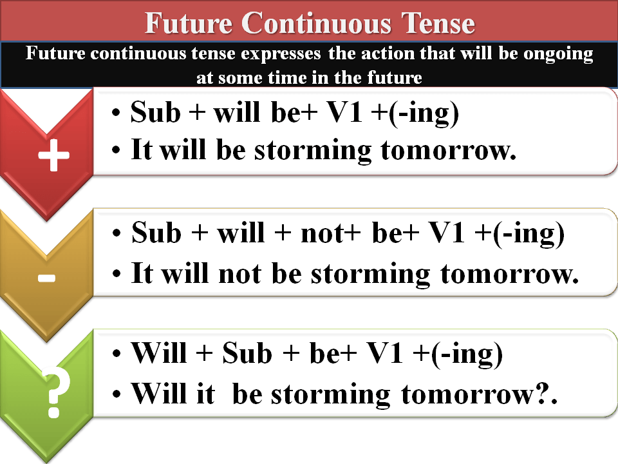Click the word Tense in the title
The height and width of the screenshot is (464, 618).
tap(438, 23)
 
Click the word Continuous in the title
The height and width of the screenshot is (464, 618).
tap(316, 23)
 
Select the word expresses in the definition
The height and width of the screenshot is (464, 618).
tap(281, 54)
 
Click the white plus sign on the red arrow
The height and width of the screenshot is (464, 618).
tap(53, 155)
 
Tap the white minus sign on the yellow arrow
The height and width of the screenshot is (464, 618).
tap(46, 278)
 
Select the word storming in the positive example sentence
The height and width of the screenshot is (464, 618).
tap(313, 151)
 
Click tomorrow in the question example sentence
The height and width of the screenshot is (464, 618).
tap(467, 394)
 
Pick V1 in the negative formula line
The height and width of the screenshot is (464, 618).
tap(447, 233)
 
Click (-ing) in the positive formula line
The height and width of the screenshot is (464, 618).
tap(424, 113)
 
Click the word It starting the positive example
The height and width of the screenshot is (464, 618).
tap(142, 150)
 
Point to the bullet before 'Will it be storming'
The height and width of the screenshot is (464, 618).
tap(117, 394)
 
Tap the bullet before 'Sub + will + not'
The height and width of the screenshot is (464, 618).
tap(117, 233)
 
